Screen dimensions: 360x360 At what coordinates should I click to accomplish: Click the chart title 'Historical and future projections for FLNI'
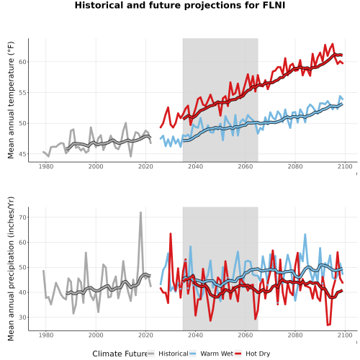click(x=180, y=5)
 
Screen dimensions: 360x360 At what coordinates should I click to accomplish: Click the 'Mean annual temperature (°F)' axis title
click(x=11, y=100)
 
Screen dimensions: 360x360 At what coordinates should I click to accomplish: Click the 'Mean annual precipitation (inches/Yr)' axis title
click(x=11, y=269)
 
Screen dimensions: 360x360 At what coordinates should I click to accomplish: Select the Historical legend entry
click(x=168, y=354)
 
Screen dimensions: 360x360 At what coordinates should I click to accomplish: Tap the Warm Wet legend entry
click(x=211, y=354)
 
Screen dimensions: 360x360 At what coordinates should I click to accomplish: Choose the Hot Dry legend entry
click(x=253, y=354)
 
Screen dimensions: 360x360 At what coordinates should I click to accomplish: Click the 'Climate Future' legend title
click(x=120, y=354)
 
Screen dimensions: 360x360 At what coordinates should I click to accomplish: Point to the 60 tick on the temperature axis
click(x=22, y=62)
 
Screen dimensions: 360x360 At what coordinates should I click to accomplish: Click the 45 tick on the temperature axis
click(x=22, y=154)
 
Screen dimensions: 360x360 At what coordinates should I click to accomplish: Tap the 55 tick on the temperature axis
click(x=22, y=93)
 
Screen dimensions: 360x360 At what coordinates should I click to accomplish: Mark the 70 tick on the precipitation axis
click(x=22, y=217)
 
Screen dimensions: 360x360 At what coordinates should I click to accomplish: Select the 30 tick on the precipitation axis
click(x=22, y=318)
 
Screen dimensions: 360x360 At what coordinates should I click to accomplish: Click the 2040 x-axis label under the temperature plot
click(x=195, y=166)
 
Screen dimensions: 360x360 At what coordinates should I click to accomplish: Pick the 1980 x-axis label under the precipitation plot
click(x=46, y=335)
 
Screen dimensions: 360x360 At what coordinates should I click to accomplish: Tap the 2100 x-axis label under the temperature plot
click(x=345, y=166)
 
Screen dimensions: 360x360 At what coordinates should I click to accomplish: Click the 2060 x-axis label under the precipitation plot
click(x=246, y=335)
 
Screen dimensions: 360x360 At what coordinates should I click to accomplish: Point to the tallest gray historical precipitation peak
click(x=140, y=212)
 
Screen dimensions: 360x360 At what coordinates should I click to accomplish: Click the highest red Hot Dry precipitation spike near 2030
click(x=171, y=233)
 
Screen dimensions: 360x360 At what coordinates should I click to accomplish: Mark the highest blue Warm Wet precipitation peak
click(x=305, y=234)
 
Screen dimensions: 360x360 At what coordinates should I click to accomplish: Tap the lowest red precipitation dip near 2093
click(x=328, y=325)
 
